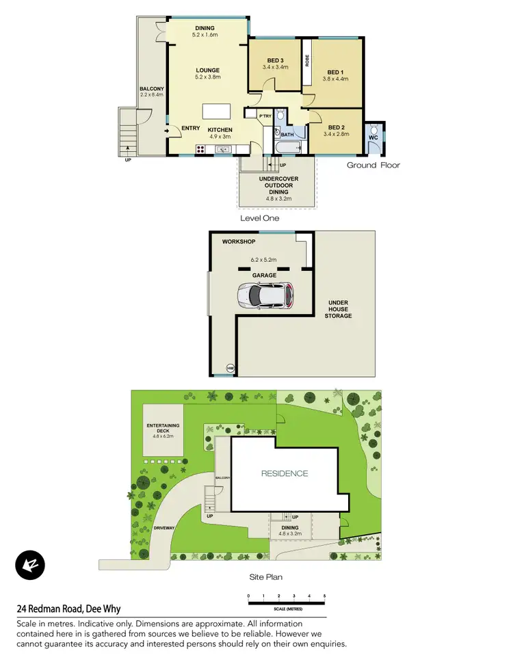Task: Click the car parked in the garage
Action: click(265, 295)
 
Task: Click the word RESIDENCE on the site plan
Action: click(284, 473)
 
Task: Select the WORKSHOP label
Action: click(239, 242)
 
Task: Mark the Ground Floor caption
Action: click(373, 165)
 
